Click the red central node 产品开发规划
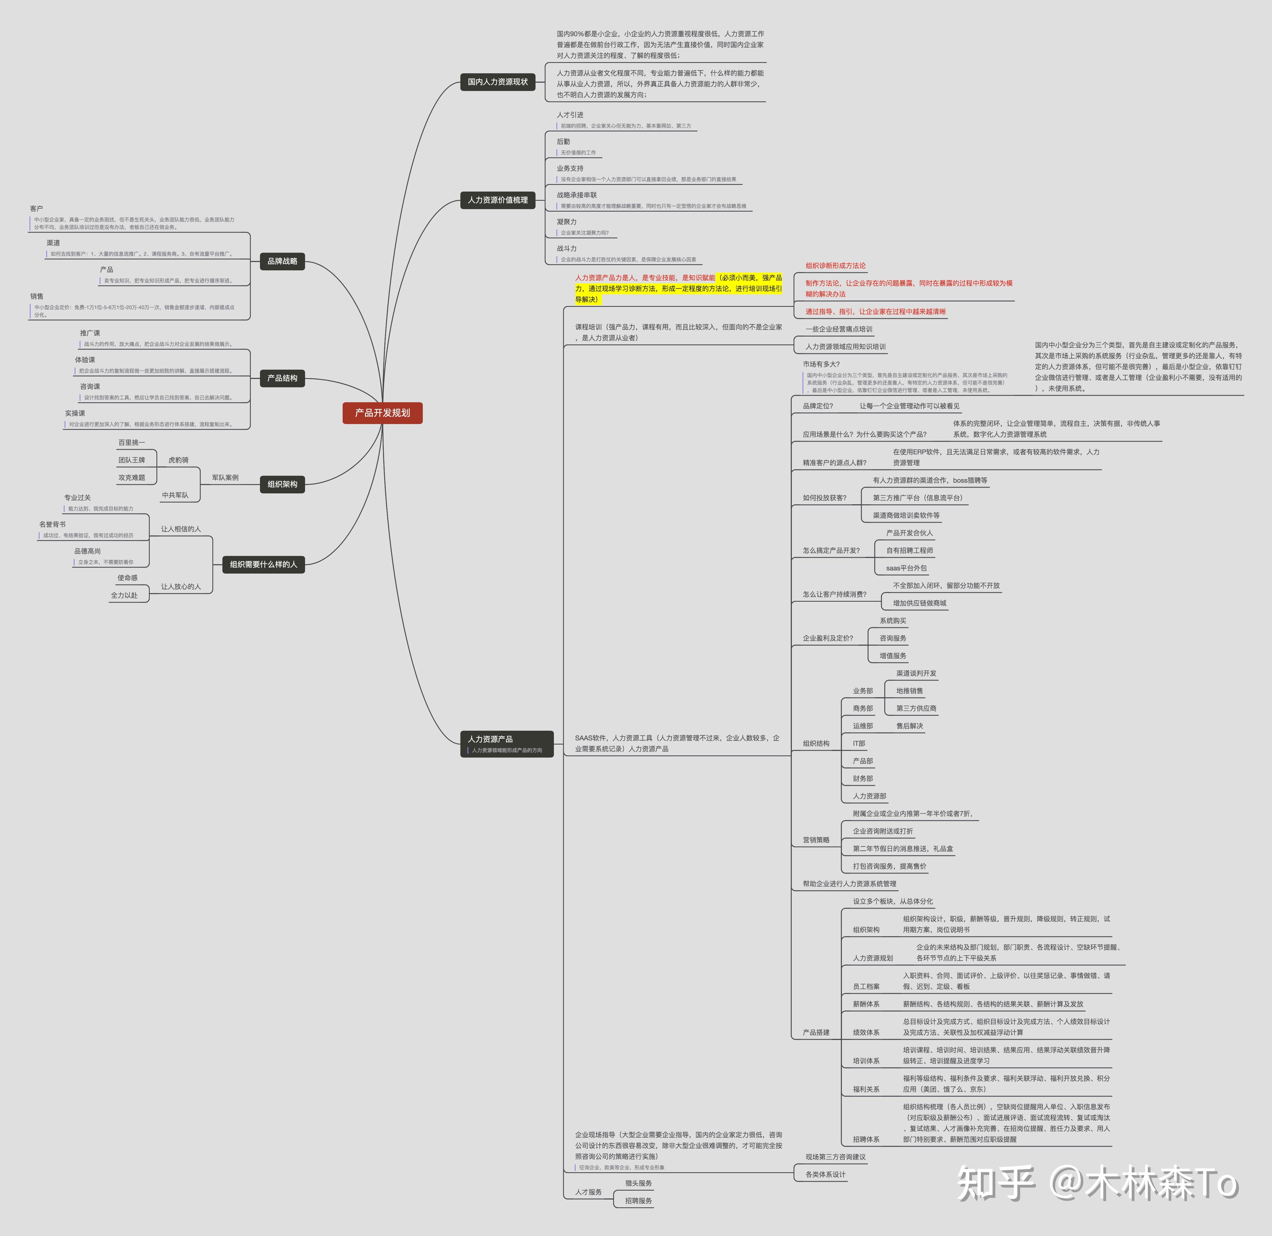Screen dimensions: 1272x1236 click(x=382, y=413)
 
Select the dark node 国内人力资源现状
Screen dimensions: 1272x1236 click(x=498, y=82)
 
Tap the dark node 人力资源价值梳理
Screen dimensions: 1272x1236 click(x=498, y=200)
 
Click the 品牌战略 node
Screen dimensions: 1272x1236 click(x=282, y=261)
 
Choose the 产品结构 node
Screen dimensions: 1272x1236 click(x=282, y=378)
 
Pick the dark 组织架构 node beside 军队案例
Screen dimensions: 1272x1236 click(x=282, y=484)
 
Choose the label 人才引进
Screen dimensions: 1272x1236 click(x=570, y=115)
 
